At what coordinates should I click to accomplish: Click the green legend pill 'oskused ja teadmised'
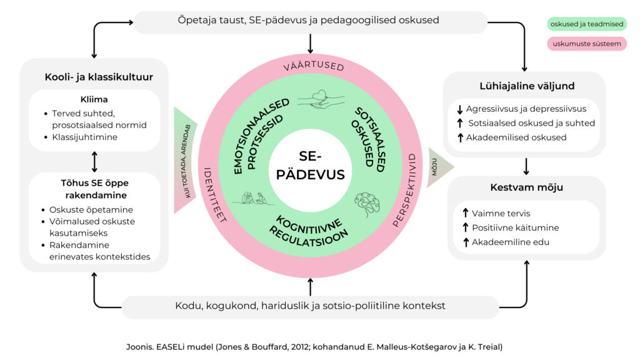click(x=586, y=24)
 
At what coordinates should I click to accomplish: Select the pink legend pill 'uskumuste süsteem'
click(x=586, y=44)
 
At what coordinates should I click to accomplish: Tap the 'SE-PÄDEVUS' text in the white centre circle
click(x=310, y=165)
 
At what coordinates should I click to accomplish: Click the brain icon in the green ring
click(x=367, y=204)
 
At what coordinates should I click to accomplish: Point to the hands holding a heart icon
click(x=321, y=99)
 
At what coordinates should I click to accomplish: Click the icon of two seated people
click(x=254, y=198)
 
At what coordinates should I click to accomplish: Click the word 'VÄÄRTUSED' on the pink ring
click(x=314, y=65)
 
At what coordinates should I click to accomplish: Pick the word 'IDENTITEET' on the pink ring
click(x=215, y=195)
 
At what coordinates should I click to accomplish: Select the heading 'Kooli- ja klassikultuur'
click(x=99, y=77)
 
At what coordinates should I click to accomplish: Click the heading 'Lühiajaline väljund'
click(x=527, y=86)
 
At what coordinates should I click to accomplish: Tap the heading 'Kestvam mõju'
click(x=526, y=187)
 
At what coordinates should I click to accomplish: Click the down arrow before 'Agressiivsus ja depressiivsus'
click(x=460, y=109)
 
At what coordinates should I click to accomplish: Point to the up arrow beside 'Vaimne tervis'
click(x=465, y=213)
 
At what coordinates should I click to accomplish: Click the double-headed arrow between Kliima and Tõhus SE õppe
click(x=95, y=162)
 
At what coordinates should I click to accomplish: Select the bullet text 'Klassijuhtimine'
click(x=84, y=137)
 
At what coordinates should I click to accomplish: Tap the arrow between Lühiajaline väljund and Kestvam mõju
click(x=526, y=166)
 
